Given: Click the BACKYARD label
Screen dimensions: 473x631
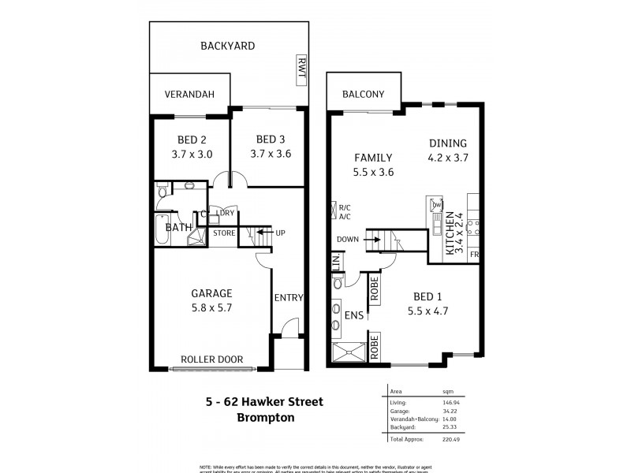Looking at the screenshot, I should coord(227,47).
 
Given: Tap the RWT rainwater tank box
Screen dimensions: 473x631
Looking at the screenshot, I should coord(301,66).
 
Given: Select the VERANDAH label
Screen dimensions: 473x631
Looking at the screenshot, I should coord(189,95).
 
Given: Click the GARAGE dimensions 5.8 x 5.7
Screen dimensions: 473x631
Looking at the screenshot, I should coord(211,308).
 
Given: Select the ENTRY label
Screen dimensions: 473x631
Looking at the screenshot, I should coord(289,298).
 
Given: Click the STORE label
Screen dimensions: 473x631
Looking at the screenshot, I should coord(224,233).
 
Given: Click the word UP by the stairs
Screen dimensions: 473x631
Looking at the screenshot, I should coord(280,233).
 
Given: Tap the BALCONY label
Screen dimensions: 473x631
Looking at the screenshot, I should coord(364,95).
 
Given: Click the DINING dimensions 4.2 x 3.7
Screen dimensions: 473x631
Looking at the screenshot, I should coord(448,158).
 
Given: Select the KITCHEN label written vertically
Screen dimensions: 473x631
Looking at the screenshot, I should coord(451,233).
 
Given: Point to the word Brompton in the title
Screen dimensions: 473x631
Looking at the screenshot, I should coord(266,418).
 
